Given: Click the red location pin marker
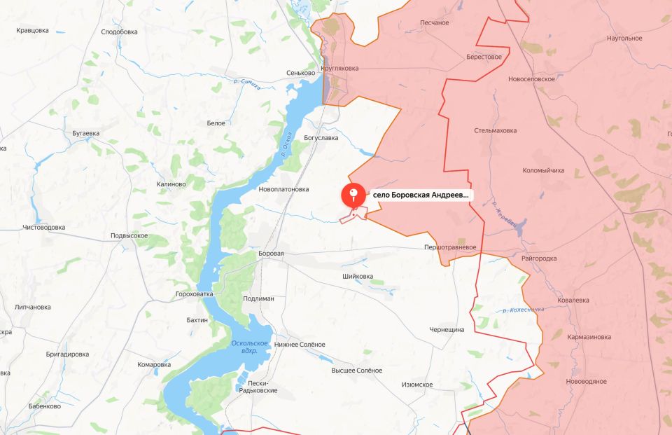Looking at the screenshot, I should tap(353, 195).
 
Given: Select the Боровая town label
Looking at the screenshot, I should tap(271, 254).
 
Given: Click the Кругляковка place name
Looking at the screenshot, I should tap(339, 68).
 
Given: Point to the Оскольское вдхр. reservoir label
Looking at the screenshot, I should tap(250, 346).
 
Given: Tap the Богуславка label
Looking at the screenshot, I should tap(321, 138).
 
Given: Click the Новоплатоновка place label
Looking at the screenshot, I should tap(283, 189).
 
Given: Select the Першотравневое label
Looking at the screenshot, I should tap(449, 247).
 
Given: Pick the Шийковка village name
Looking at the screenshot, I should tap(358, 277).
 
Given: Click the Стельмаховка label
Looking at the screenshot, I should tap(495, 131).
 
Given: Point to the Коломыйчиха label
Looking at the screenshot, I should tap(543, 170).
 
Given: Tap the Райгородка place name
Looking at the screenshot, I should tap(539, 258).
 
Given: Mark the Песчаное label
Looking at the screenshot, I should tap(434, 23).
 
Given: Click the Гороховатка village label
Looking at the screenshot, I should tap(194, 294).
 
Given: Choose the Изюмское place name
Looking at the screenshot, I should tap(417, 385).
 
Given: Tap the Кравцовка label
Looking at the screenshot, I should tap(32, 30).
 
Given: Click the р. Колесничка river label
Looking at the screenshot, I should tap(522, 310).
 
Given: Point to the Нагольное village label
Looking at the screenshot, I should tap(624, 38).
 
